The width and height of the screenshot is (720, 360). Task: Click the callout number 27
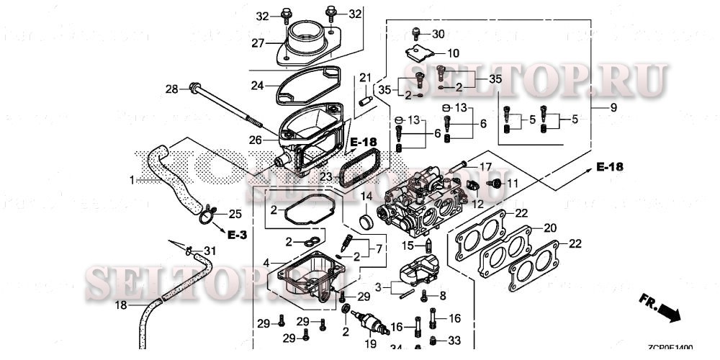[x=258, y=43]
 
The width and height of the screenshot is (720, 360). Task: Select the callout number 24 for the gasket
[x=258, y=85]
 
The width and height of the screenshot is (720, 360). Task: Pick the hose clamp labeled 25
[x=209, y=212]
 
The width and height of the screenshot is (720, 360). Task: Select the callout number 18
[x=122, y=305]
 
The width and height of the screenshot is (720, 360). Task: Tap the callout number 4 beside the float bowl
[x=266, y=264]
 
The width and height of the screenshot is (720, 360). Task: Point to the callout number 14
[x=366, y=196]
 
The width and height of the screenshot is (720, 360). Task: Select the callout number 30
[x=438, y=34]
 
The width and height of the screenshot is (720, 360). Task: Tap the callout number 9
[x=613, y=107]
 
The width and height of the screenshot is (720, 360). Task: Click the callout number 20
[x=550, y=228]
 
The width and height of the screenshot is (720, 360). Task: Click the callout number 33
[x=454, y=340]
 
